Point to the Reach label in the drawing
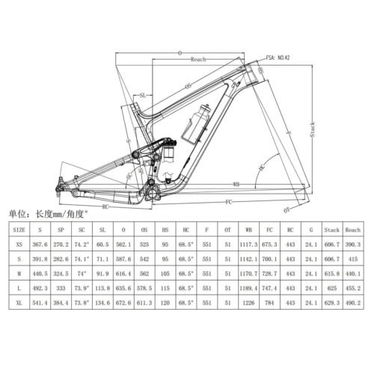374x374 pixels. [x=198, y=59]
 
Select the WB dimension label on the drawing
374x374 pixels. [x=236, y=182]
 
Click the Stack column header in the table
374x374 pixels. [x=333, y=230]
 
